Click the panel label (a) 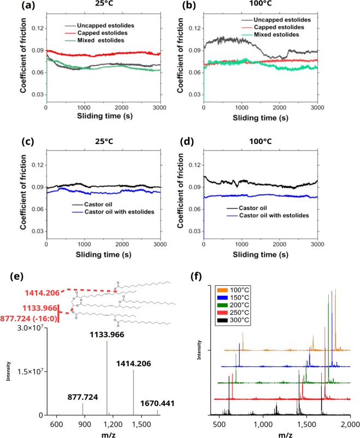[13, 7]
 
